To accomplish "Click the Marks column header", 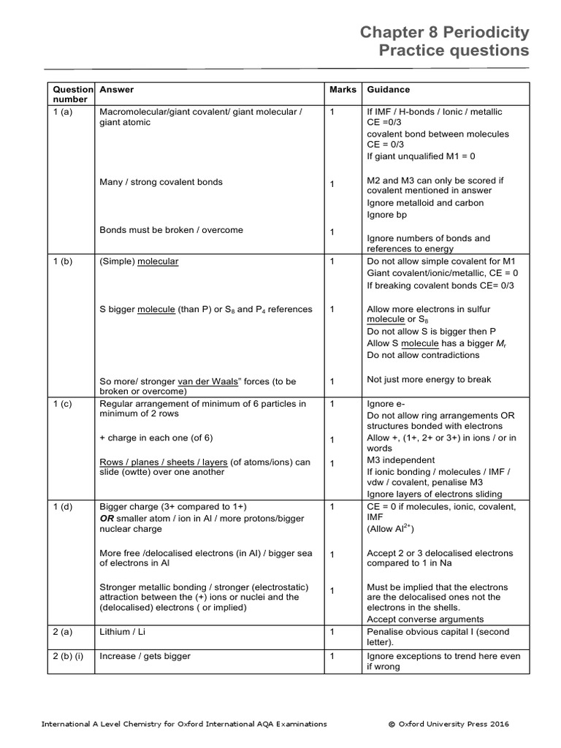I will coord(343,90).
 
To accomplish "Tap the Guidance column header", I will coord(388,90).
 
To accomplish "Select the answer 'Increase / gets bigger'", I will coord(145,656).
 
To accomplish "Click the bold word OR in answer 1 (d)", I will coord(108,517).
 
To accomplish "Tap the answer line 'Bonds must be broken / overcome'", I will coord(171,230).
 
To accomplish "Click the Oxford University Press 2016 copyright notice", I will coord(449,724).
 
